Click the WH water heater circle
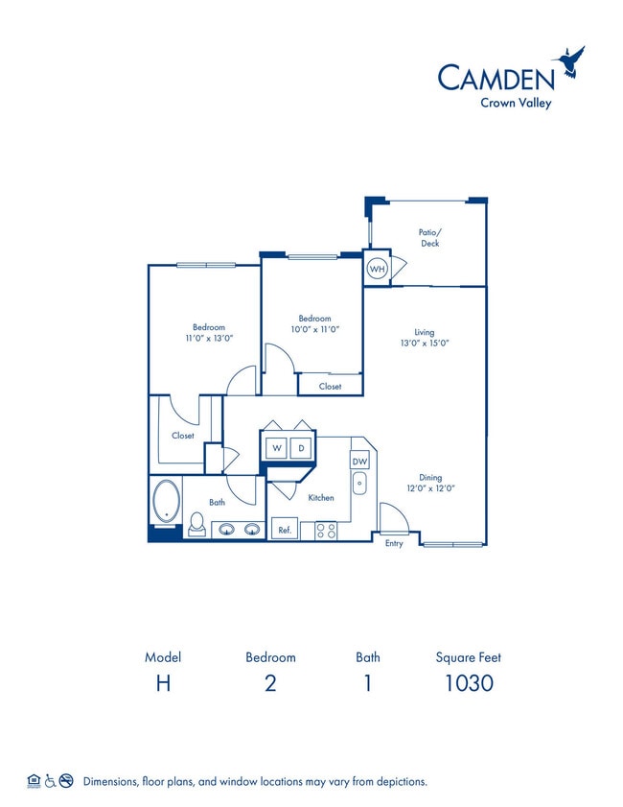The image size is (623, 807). (377, 269)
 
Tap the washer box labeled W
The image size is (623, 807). (277, 448)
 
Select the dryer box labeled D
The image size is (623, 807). (301, 448)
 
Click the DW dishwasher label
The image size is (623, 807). (359, 462)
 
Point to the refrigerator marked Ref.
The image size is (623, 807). (285, 529)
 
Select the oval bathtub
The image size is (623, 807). (166, 501)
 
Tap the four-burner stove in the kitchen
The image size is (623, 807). (326, 530)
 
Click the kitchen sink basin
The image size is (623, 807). (359, 484)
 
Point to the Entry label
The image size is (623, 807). (394, 543)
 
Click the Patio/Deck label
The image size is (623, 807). (429, 238)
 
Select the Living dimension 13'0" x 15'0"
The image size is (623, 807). (425, 343)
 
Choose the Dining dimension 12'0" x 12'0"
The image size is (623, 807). (430, 487)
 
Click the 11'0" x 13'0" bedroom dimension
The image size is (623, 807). (209, 338)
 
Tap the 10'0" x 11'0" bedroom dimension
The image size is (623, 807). (315, 329)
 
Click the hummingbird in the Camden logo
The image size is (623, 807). (569, 60)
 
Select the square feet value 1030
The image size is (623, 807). (469, 683)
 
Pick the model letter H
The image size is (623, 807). (163, 683)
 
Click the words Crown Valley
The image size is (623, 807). (516, 103)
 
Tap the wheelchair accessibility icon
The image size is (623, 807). (50, 781)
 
